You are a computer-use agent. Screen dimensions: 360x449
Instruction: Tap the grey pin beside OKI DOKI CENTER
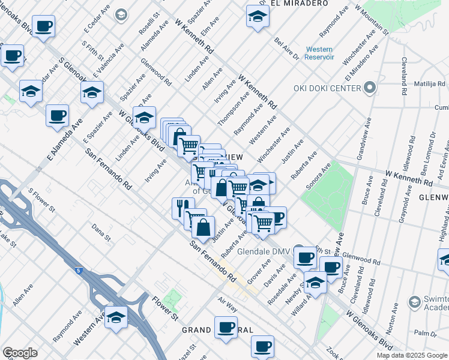click(x=370, y=89)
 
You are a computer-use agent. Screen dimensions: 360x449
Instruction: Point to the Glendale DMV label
click(x=264, y=251)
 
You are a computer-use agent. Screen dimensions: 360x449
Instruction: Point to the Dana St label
click(x=102, y=233)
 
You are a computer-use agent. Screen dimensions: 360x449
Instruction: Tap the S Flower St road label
click(x=41, y=201)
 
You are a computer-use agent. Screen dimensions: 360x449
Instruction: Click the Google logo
click(x=20, y=353)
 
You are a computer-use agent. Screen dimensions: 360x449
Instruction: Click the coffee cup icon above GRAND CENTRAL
click(x=226, y=327)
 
